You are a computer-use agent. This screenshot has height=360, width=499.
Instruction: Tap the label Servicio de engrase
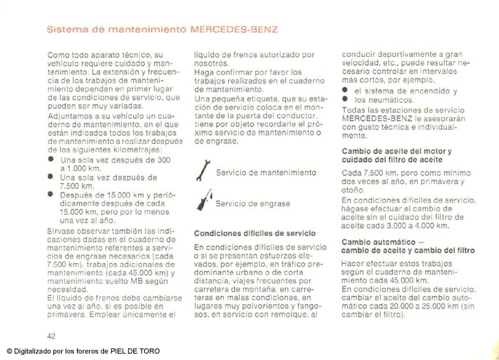coord(252,203)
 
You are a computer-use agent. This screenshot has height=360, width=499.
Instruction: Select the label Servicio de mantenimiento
coord(265,173)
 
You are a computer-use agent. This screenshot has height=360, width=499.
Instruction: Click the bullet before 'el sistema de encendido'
coord(346,91)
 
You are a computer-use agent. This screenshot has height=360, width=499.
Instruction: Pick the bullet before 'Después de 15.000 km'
coord(51,192)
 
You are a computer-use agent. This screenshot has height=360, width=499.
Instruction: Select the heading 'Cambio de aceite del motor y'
coord(396,152)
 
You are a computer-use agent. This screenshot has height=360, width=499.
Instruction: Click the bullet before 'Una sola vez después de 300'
coord(51,160)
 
